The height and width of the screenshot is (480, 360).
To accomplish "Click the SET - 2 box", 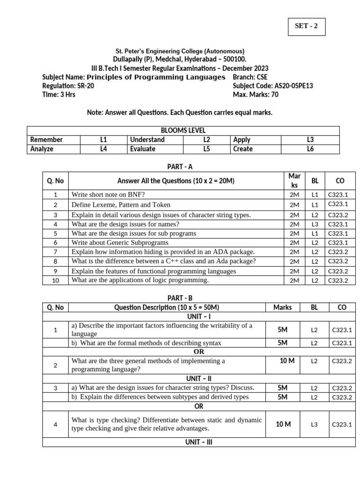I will (306, 26).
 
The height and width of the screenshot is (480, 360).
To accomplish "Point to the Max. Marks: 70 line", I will (255, 95).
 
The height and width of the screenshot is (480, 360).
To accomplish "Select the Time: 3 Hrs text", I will (59, 95).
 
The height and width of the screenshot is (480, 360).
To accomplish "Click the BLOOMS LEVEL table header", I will (183, 130).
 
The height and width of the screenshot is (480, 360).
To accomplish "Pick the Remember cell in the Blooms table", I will (46, 140).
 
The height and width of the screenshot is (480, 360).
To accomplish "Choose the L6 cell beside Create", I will (310, 149).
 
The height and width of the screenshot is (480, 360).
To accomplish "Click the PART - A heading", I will (180, 166).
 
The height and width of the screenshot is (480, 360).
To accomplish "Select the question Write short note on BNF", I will (108, 195).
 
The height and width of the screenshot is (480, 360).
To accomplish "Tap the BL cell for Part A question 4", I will (315, 224).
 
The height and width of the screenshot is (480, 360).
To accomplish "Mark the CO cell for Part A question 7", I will (338, 252).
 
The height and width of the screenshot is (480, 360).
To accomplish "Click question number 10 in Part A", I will (55, 280).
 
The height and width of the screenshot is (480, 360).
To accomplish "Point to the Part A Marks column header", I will (294, 180).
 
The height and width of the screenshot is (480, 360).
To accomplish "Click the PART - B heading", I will (180, 298).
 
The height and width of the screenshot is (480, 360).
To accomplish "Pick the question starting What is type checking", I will (166, 424).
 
